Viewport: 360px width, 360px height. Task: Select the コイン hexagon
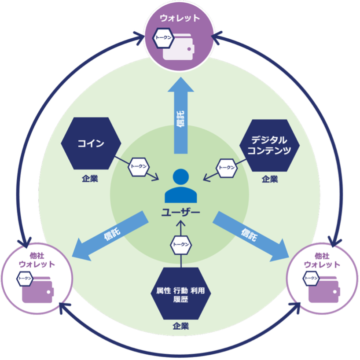tap(91, 143)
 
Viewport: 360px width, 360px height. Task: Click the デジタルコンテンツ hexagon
tap(269, 145)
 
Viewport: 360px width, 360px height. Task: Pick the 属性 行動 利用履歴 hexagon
tap(180, 294)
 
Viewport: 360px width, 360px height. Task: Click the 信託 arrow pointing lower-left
tap(110, 238)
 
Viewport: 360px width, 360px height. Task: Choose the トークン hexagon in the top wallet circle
tap(162, 38)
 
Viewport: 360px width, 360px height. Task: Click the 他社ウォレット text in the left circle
tap(37, 260)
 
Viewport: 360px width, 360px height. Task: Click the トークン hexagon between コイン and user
tap(138, 167)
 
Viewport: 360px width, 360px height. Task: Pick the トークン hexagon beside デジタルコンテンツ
tap(227, 167)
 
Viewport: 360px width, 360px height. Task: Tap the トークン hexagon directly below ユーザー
tap(180, 244)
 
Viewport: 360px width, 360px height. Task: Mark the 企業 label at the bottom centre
tap(180, 326)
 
